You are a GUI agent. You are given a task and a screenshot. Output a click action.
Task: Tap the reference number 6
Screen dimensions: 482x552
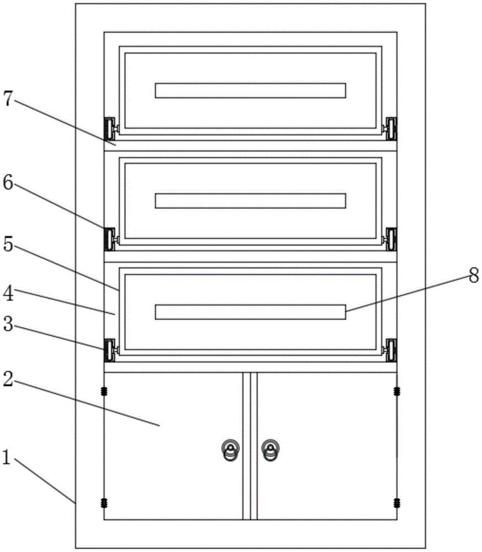pos(8,182)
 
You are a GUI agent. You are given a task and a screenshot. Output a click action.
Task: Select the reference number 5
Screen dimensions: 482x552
pos(8,243)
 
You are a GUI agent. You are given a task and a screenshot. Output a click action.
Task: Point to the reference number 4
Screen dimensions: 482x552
pos(8,293)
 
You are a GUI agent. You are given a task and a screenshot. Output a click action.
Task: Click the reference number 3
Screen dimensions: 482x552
pos(8,323)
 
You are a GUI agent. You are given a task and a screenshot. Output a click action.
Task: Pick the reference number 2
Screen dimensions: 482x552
pos(8,379)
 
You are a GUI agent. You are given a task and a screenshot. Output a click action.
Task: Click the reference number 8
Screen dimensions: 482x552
pos(474,275)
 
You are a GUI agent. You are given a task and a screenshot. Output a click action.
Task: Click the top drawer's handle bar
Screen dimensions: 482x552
pos(250,91)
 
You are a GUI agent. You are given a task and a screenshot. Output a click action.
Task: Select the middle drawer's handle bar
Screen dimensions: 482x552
pos(250,201)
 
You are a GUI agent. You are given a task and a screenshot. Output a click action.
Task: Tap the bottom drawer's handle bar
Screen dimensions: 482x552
pos(250,312)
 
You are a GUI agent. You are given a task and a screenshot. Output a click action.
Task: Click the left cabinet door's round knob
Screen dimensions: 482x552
pos(231,450)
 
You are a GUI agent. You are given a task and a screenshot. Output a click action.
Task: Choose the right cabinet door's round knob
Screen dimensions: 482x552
pos(271,450)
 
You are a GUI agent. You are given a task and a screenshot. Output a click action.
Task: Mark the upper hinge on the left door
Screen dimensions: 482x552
pos(104,391)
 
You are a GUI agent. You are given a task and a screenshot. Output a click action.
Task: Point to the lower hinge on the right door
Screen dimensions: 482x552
pos(397,503)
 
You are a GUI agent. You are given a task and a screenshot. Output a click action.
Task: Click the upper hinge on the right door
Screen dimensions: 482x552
pos(397,391)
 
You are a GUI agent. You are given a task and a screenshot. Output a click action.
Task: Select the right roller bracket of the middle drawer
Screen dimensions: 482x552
pos(390,240)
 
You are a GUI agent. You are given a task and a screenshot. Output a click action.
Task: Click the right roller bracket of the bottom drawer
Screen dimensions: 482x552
pos(390,351)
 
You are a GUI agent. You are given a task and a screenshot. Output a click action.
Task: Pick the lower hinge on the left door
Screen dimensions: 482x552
pos(104,503)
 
